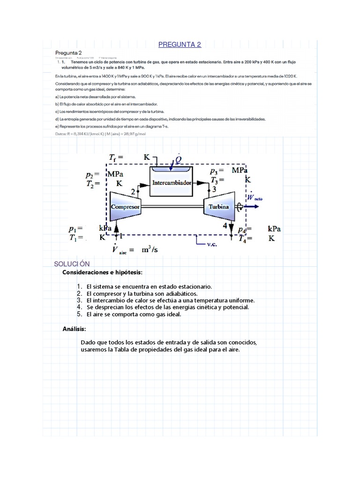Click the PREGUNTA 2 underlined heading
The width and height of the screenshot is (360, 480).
[x=180, y=45]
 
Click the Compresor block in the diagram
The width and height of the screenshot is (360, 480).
[x=126, y=206]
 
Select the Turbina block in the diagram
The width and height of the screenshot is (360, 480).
[x=219, y=206]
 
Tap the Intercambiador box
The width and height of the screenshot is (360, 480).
[x=172, y=183]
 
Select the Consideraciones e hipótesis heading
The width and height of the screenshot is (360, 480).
[x=102, y=272]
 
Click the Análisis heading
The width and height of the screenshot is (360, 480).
[x=74, y=329]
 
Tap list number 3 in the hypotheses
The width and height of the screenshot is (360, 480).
[x=79, y=300]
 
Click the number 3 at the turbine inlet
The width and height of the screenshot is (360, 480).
[x=214, y=189]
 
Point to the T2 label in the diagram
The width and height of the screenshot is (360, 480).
[x=90, y=184]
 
